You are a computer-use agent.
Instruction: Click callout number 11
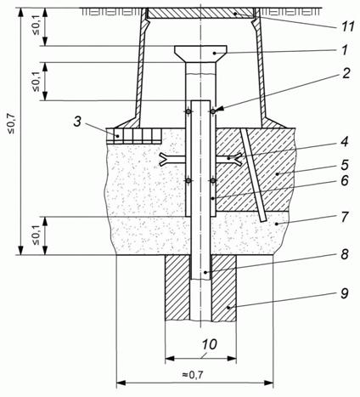click(x=344, y=27)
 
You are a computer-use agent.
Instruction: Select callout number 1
click(x=345, y=50)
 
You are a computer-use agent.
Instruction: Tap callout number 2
click(x=345, y=74)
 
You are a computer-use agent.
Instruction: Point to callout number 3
click(x=78, y=122)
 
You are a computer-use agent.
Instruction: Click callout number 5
click(x=345, y=165)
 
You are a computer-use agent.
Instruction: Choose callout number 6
click(x=345, y=180)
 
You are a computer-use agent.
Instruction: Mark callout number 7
click(x=345, y=217)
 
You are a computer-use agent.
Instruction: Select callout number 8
click(x=345, y=254)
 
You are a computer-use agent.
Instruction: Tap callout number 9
click(x=345, y=293)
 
